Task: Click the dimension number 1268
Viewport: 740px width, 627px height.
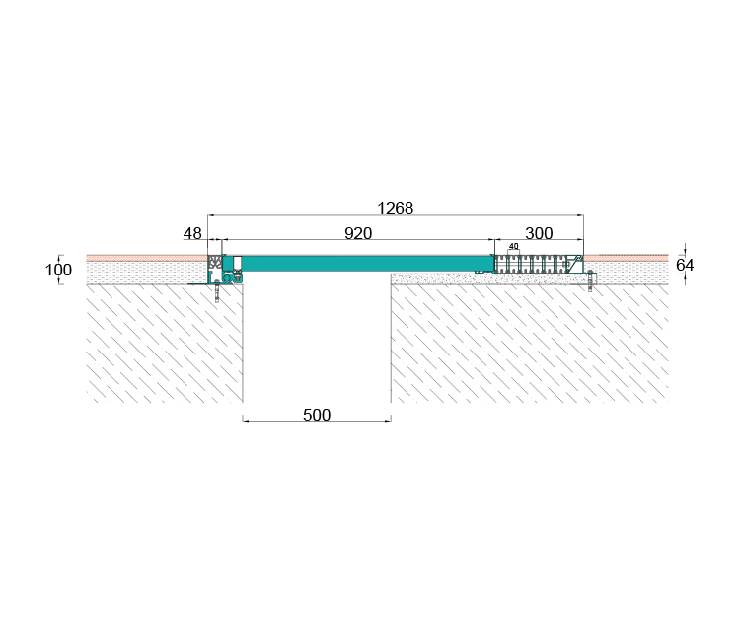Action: pyautogui.click(x=395, y=208)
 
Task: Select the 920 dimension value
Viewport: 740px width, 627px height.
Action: pyautogui.click(x=358, y=233)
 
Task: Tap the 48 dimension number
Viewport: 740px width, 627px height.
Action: pyautogui.click(x=192, y=233)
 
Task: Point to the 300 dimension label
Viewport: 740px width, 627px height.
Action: pyautogui.click(x=539, y=233)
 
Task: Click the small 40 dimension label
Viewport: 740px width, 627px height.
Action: pyautogui.click(x=513, y=246)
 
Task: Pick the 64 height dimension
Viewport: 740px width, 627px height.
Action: pyautogui.click(x=685, y=266)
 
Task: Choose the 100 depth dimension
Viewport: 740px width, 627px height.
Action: pyautogui.click(x=58, y=271)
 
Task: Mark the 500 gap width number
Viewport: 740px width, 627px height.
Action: pyautogui.click(x=317, y=415)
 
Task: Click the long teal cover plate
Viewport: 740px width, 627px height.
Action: pyautogui.click(x=359, y=263)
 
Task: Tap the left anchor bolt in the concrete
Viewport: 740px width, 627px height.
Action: pyautogui.click(x=217, y=291)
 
